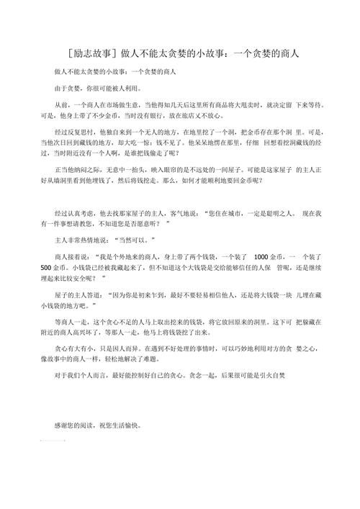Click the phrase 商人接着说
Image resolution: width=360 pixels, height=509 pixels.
pos(75,257)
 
